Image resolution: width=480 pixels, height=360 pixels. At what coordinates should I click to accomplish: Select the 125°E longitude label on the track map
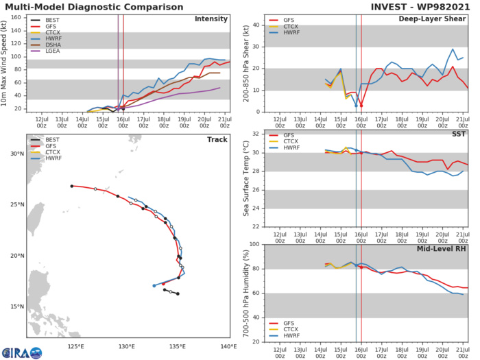tap(76, 346)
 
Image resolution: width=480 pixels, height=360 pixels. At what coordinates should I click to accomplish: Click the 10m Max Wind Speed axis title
tap(6, 62)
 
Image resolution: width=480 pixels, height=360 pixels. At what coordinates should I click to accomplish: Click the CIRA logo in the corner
tap(21, 351)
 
